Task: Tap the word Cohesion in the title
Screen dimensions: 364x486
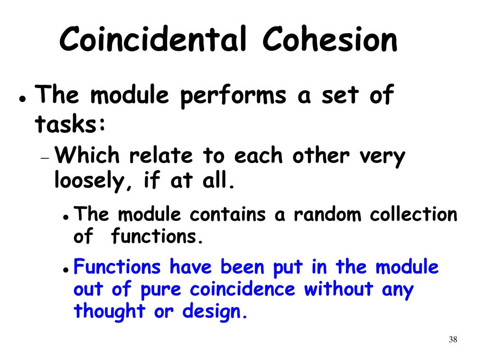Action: (330, 40)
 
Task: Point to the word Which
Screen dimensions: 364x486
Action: (90, 156)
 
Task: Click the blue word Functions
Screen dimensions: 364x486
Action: (118, 267)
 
